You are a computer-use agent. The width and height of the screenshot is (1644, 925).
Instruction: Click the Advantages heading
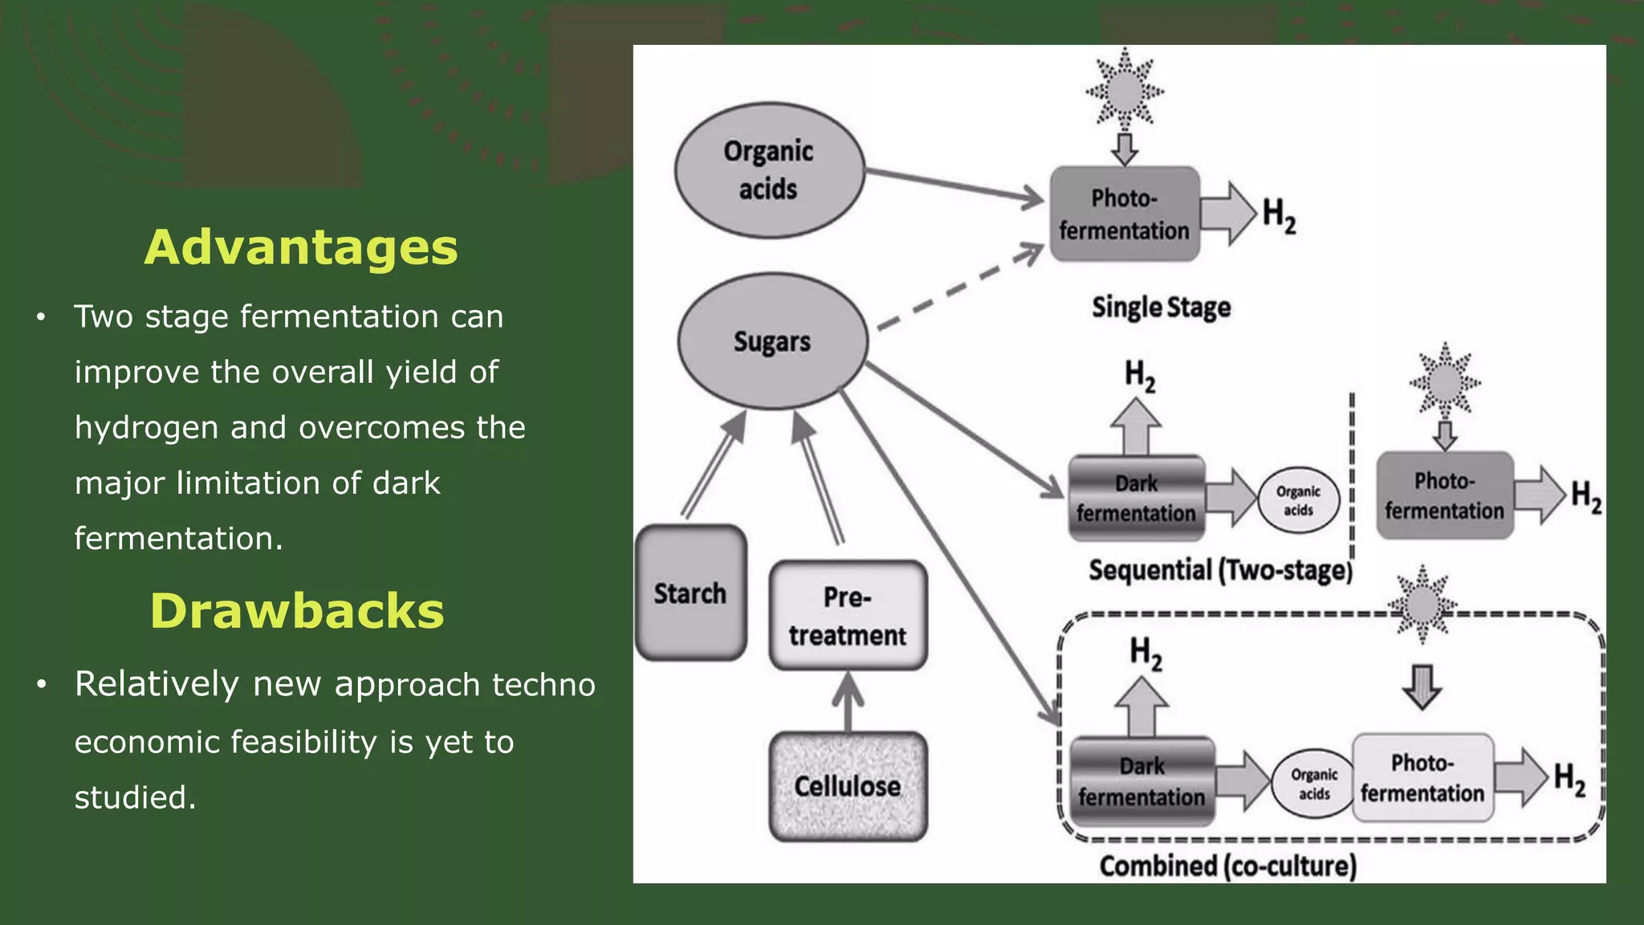click(301, 247)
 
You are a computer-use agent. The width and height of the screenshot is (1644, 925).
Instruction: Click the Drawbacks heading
click(297, 611)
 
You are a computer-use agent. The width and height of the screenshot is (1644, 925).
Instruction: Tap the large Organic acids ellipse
click(769, 170)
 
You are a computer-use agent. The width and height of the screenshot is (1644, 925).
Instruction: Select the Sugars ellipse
click(772, 341)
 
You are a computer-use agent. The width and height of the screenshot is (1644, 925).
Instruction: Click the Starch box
click(690, 593)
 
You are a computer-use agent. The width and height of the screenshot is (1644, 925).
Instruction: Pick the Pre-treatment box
click(848, 616)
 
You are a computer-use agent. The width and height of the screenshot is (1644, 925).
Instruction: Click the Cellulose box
click(848, 786)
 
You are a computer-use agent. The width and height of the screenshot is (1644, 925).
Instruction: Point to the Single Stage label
click(1161, 308)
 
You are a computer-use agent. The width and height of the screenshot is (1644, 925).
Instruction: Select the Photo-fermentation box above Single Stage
click(1125, 214)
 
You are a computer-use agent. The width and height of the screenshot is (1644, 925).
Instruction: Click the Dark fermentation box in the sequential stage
click(1136, 499)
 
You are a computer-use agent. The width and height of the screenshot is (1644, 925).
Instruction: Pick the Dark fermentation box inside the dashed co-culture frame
click(1141, 781)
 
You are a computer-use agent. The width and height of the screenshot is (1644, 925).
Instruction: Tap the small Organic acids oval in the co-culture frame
click(1313, 784)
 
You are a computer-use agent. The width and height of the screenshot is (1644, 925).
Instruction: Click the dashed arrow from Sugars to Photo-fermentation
click(959, 290)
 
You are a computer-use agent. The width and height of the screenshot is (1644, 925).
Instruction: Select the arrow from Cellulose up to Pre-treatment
click(848, 702)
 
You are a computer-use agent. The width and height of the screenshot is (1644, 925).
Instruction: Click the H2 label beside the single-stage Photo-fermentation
click(1279, 215)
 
